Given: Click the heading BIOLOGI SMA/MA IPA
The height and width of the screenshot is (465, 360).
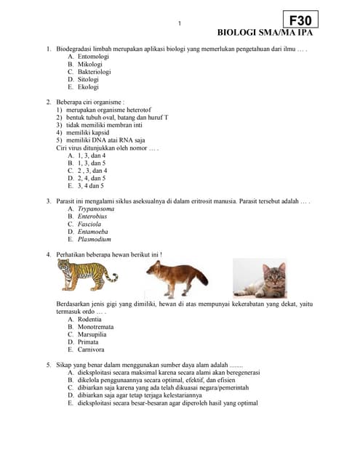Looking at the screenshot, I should (x=268, y=33).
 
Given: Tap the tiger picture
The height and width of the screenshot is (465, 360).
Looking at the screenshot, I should (x=87, y=275).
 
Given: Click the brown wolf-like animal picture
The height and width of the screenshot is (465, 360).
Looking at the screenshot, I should (x=176, y=279).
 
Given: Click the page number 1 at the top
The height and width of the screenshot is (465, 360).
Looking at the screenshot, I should (x=180, y=24).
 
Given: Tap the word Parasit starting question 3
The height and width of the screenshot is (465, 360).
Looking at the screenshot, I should (x=67, y=201).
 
